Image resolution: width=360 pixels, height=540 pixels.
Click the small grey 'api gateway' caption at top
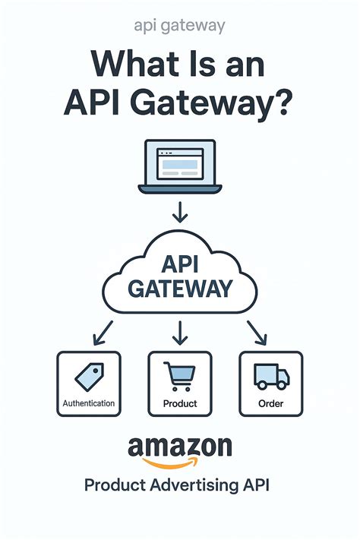point(179,26)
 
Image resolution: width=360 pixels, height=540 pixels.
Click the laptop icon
point(179,168)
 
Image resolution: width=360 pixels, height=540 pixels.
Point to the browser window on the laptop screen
point(179,163)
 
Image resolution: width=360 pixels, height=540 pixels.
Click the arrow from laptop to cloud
point(179,211)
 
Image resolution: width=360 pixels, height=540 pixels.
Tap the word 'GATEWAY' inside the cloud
point(179,289)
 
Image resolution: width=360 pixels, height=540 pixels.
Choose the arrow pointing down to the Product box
point(180,331)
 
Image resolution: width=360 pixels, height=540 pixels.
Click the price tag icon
point(89,377)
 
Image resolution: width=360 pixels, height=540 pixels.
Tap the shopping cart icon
point(180,375)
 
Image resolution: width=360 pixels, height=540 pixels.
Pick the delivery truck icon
point(270,377)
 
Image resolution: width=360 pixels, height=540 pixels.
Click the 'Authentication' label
point(89,403)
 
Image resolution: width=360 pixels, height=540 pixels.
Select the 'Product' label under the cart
point(180,404)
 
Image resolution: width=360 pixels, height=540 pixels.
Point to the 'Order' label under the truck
point(270,404)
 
